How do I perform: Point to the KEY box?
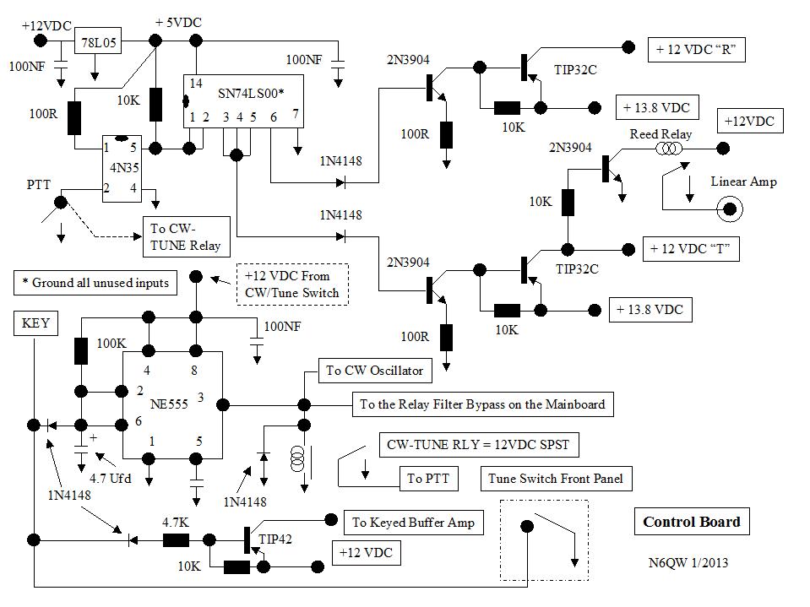pos(35,323)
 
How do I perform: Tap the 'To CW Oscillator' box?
pos(374,370)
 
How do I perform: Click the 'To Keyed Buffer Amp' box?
pos(414,523)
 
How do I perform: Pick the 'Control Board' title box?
pos(691,522)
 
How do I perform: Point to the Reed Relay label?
pos(661,135)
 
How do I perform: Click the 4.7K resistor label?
pos(176,523)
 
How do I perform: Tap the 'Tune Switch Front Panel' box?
pos(556,479)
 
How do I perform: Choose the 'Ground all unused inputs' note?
pos(95,283)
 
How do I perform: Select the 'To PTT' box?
pos(427,479)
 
